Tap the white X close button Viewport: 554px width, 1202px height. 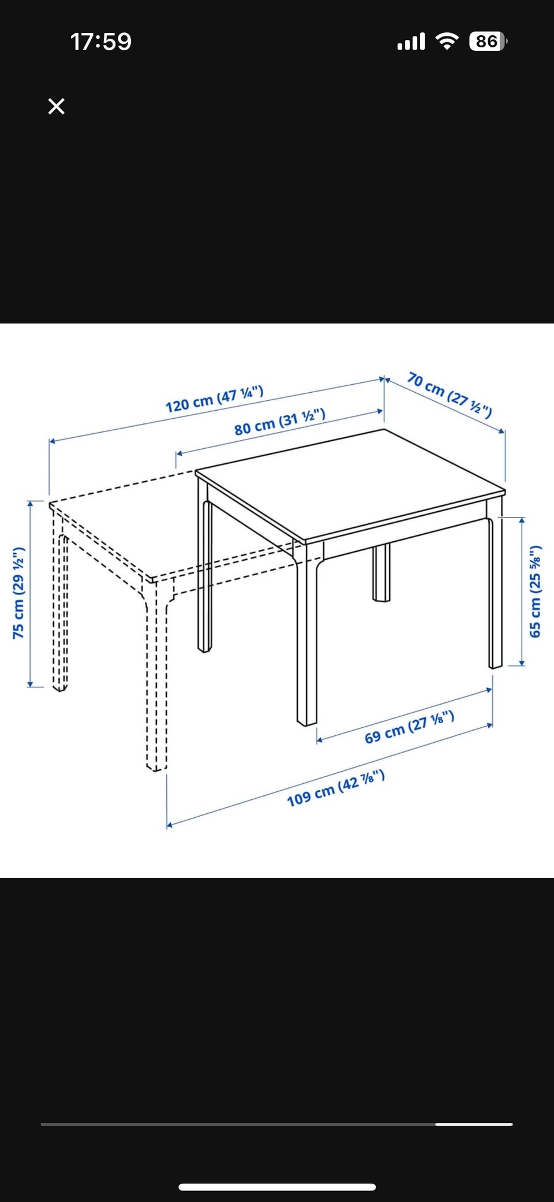56,106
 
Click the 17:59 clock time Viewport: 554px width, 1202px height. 101,42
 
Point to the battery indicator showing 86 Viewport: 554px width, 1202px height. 488,41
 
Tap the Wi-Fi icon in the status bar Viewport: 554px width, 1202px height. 447,41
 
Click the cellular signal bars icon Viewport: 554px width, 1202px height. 411,42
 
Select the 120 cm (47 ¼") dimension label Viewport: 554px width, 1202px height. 214,399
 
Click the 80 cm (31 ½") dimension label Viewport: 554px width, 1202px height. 280,422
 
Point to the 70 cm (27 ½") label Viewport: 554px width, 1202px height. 450,395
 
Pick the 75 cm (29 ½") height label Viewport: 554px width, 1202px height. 18,593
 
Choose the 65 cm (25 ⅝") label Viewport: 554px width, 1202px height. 536,591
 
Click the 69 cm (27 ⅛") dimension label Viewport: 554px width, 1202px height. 409,727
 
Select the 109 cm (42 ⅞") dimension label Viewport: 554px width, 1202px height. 336,788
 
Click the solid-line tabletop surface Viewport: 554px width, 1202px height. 350,484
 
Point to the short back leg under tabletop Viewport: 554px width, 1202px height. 381,572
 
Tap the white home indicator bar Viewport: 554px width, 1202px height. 277,1187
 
